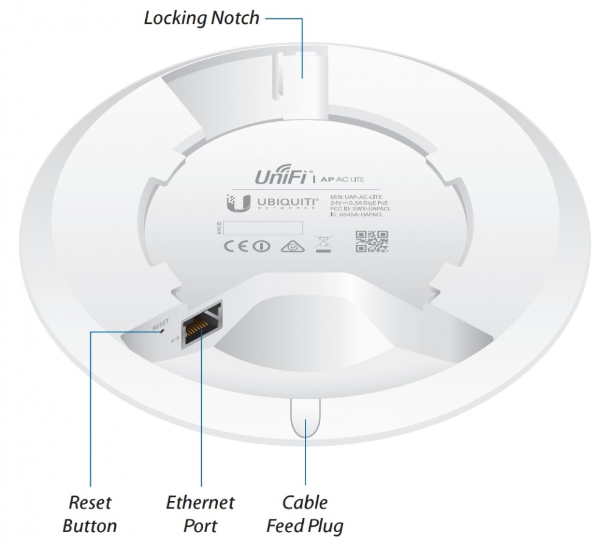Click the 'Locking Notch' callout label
(x=201, y=17)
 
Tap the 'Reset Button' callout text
(x=90, y=514)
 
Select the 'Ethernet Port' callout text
(x=200, y=514)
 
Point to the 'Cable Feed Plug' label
(x=305, y=514)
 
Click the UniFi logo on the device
(x=274, y=179)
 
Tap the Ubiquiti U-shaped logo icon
(x=234, y=204)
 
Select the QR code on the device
(x=371, y=241)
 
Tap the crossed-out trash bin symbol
(x=321, y=244)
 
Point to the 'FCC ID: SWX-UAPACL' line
(x=360, y=209)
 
